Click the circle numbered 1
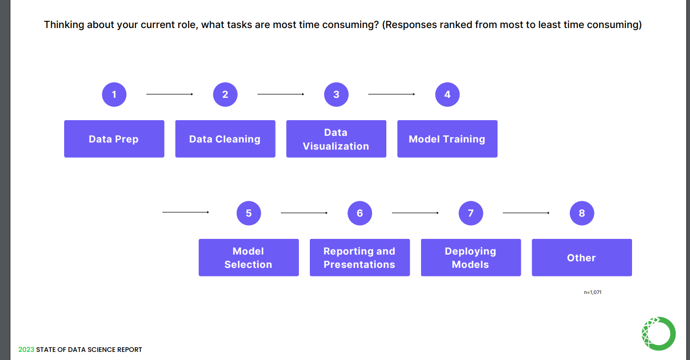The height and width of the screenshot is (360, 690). click(114, 95)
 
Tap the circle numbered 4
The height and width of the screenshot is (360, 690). click(447, 95)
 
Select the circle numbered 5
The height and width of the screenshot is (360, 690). click(249, 213)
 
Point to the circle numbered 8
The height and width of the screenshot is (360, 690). click(582, 213)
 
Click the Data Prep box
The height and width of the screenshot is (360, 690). click(114, 139)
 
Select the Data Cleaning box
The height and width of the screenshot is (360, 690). click(225, 139)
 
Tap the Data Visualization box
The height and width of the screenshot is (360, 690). click(336, 139)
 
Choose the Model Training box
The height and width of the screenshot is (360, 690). click(447, 139)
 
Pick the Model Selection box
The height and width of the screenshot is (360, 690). click(249, 257)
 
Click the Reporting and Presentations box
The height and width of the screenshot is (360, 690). click(360, 257)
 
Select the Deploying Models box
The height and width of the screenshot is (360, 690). click(470, 257)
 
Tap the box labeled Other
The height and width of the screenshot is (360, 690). click(582, 257)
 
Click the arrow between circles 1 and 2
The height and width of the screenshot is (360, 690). click(170, 94)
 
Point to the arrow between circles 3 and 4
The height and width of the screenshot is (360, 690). click(392, 94)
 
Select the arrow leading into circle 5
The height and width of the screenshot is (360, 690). click(185, 212)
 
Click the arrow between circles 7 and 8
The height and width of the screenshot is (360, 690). click(526, 213)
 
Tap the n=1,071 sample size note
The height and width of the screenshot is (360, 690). click(593, 292)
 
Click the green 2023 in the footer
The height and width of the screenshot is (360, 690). click(26, 350)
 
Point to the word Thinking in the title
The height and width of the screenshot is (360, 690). click(64, 25)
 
